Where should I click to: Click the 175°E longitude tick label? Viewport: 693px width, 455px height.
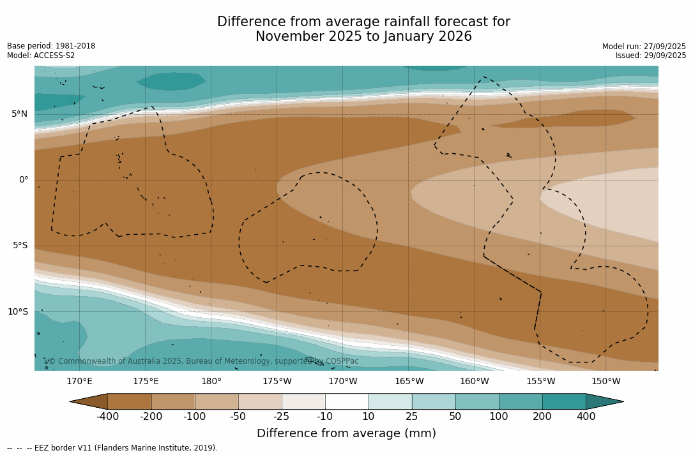point(146,382)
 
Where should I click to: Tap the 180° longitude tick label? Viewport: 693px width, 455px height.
point(211,382)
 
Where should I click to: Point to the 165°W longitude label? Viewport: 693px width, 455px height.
point(409,382)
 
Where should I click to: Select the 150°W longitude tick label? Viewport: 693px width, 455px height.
point(605,382)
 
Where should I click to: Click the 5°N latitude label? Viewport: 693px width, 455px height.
point(19,114)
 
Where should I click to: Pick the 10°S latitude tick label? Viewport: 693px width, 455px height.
point(17,312)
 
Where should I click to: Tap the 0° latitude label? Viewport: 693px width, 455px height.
point(23,180)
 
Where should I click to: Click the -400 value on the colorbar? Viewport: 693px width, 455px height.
point(107,417)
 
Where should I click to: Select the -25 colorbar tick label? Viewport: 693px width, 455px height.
point(282,417)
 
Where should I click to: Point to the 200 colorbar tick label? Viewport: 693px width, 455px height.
point(542,417)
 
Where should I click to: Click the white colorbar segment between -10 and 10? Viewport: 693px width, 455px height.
point(347,401)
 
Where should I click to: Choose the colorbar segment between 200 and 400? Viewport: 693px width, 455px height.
point(564,401)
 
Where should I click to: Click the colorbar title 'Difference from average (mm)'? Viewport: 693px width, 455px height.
point(346,434)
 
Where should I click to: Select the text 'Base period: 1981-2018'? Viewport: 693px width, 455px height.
point(51,46)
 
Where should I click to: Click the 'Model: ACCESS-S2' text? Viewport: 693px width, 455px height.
point(41,56)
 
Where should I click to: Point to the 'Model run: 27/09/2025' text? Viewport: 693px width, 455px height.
point(644,47)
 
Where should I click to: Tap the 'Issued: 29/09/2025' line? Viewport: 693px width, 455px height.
point(651,56)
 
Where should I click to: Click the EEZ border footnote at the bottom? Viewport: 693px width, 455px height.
point(112,448)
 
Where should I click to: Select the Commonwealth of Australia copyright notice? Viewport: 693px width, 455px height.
point(203,361)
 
